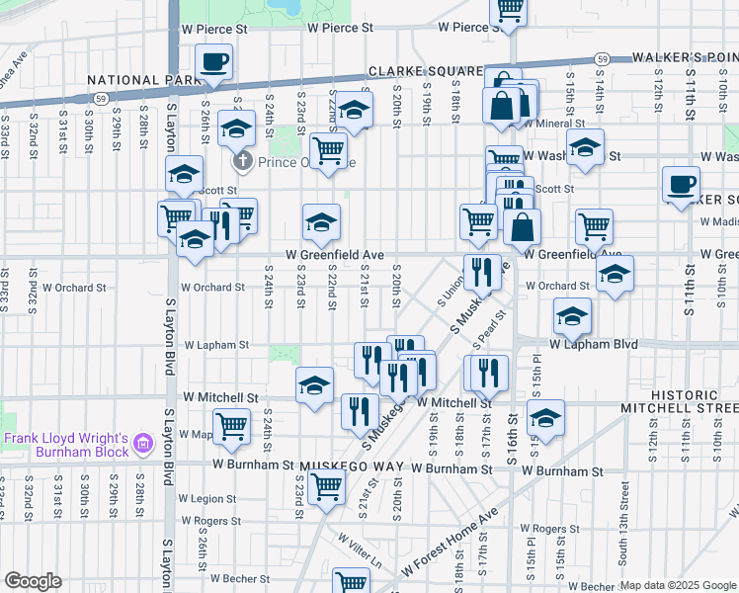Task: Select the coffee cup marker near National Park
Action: pos(213,62)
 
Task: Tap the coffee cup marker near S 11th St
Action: pos(681,185)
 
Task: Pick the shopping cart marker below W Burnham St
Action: pos(326,485)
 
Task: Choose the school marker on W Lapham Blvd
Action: pos(572,317)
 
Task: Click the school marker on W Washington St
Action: pos(586,148)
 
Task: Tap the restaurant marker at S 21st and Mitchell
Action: pos(360,411)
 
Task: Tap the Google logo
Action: pos(33,581)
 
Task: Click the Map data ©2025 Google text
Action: pos(678,585)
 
